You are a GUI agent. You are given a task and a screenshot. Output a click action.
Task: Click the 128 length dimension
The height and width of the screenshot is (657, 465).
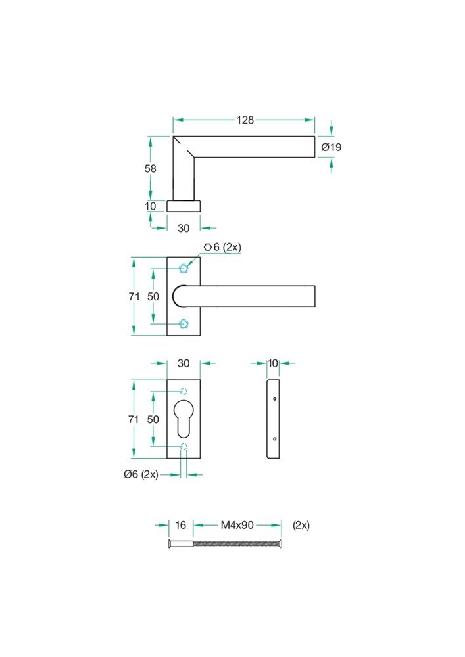coord(245,120)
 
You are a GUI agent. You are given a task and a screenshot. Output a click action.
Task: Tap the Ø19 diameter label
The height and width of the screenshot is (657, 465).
coord(331,147)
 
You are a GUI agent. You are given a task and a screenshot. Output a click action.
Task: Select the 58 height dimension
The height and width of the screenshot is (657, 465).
coord(150,168)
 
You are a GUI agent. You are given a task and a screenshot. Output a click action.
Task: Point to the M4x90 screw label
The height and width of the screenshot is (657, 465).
coord(237,525)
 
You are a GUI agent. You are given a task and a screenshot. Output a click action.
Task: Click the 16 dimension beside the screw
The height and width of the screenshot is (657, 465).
coord(180,525)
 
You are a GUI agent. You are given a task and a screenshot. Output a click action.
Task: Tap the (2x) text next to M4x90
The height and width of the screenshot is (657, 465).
coord(301,525)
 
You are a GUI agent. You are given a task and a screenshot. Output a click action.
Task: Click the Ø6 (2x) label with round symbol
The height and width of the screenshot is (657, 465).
coord(141,474)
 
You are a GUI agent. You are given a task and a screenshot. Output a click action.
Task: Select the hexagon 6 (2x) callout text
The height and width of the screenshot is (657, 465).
coord(223,247)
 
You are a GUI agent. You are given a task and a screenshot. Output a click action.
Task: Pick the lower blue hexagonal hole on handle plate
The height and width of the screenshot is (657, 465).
coord(184,323)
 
